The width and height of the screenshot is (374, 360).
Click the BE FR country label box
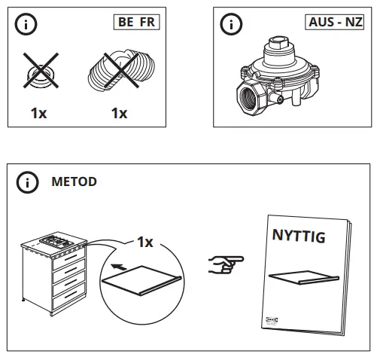click(136, 22)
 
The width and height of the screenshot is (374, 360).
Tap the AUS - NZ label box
click(335, 22)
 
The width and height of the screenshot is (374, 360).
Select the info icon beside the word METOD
click(28, 182)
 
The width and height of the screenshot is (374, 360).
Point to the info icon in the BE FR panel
click(28, 24)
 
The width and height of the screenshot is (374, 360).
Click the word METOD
click(74, 182)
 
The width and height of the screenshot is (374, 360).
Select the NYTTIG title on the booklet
click(297, 238)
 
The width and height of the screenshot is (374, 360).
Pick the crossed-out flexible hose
click(118, 72)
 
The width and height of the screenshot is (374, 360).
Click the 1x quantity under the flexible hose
click(118, 114)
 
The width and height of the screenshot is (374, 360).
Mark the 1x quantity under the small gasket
click(39, 114)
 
